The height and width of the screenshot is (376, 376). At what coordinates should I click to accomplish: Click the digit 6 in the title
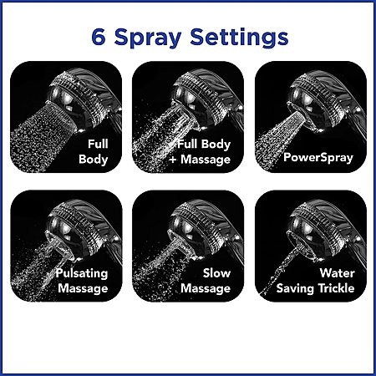tap(99, 37)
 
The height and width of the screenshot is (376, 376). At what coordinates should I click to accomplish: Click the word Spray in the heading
tap(148, 38)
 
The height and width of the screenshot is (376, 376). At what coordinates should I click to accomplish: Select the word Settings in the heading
tap(239, 38)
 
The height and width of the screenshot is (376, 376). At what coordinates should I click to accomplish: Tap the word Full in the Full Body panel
tap(98, 144)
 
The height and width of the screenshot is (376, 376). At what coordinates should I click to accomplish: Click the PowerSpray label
tap(318, 157)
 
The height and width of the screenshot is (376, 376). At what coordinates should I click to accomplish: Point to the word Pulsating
tap(81, 273)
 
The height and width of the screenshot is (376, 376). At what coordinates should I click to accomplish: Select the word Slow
tap(216, 273)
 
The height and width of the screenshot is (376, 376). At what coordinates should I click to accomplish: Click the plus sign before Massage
tap(173, 160)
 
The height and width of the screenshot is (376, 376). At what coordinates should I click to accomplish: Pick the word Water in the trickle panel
tap(337, 273)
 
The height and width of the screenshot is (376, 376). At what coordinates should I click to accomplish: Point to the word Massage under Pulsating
tap(83, 288)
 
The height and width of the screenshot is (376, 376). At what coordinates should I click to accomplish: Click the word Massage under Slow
tap(206, 288)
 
